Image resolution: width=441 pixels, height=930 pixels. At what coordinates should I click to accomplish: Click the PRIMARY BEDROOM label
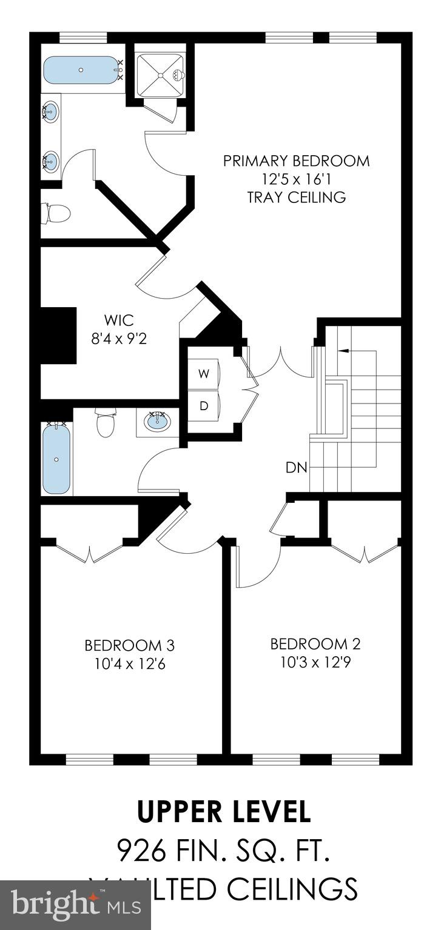point(296,161)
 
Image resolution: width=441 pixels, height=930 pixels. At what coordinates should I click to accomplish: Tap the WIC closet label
point(118,319)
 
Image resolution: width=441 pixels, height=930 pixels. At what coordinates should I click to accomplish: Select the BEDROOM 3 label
point(130,645)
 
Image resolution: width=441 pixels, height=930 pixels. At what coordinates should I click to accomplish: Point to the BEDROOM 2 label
point(315,643)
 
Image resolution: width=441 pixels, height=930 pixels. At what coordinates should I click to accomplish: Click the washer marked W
point(204,374)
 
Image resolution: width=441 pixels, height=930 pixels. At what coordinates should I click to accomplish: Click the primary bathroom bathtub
point(81,70)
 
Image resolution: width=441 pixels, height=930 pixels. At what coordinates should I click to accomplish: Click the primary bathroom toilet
point(56,213)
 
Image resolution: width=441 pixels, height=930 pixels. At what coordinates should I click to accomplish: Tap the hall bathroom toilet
point(106,423)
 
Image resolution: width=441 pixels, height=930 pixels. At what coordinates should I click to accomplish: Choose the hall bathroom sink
point(158,420)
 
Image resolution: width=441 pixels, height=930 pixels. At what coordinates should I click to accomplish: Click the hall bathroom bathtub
point(56,458)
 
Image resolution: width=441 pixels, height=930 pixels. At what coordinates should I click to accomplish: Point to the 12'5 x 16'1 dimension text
point(296,179)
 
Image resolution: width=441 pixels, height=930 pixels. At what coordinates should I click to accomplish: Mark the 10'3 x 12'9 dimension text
point(315,662)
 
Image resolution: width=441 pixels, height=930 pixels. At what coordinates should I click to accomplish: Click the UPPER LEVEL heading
point(224,812)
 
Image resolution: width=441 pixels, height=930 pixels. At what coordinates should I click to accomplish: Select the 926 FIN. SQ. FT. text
point(224,851)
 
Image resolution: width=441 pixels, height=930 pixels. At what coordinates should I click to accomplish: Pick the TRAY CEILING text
point(296,198)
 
